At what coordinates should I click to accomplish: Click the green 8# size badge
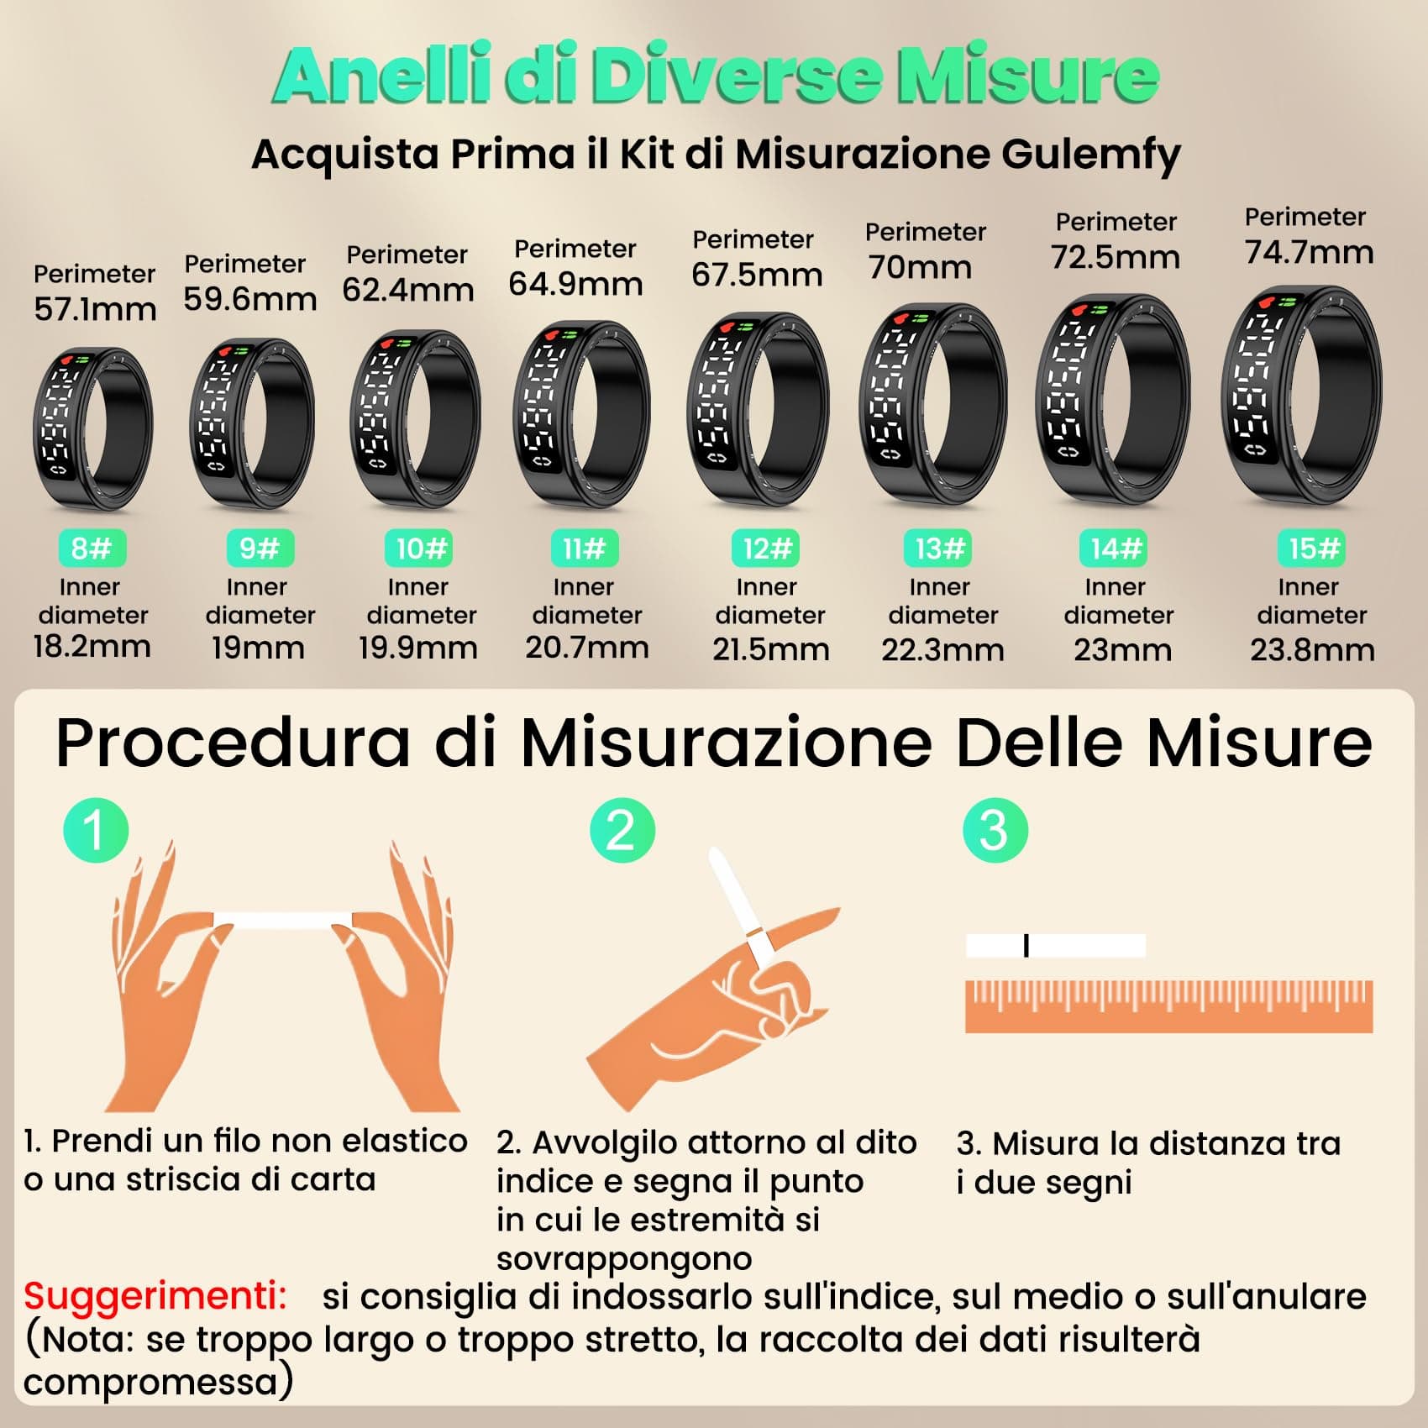tap(92, 549)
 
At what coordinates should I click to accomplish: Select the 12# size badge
tap(765, 549)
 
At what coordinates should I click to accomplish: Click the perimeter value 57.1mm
tap(95, 309)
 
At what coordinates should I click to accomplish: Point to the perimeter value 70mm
tap(921, 267)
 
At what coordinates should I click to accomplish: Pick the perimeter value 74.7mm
tap(1309, 252)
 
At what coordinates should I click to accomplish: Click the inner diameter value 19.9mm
tap(417, 648)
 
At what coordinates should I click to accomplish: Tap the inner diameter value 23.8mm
tap(1312, 649)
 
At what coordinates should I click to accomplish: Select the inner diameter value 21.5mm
tap(770, 649)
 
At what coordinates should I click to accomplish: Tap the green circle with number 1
tap(96, 829)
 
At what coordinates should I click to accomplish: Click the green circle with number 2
tap(622, 829)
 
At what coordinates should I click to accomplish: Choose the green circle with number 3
tap(995, 829)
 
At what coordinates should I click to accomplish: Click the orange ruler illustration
tap(1168, 1006)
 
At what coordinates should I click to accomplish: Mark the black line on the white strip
tap(1026, 946)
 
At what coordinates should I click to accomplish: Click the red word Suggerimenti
tap(155, 1296)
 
